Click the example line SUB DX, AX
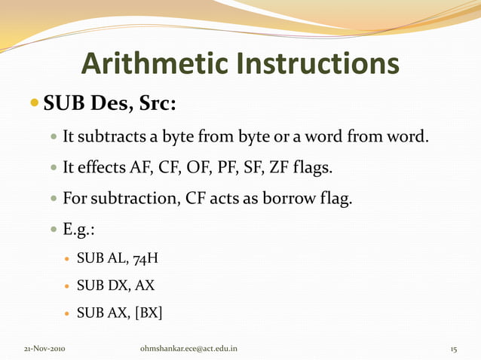(115, 286)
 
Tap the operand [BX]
(148, 312)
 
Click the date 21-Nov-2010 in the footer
(44, 350)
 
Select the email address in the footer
(188, 350)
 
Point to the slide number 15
(454, 350)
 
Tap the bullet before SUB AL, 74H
(66, 261)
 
